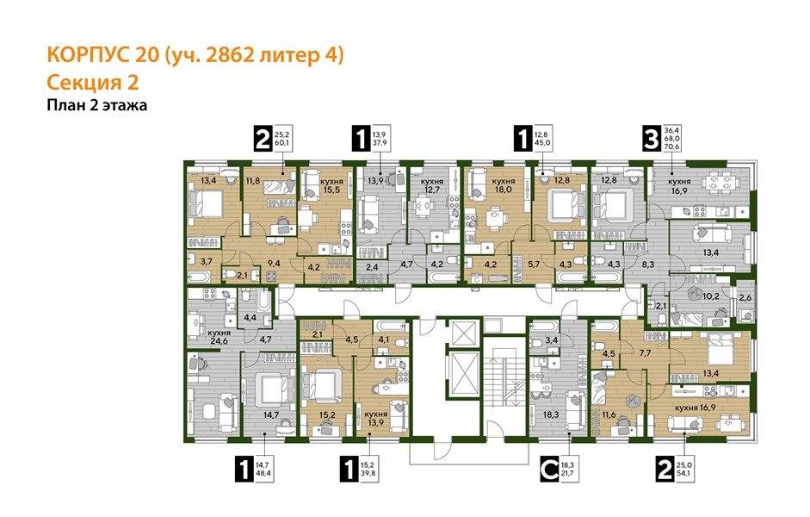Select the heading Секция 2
click(90, 83)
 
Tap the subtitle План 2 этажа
click(96, 105)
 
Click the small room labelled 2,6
click(745, 299)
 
